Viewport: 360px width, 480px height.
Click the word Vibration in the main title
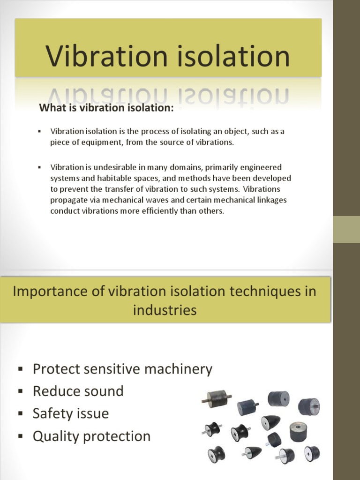[107, 56]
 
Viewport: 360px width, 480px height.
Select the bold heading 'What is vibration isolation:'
[106, 108]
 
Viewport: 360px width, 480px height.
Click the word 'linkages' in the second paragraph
[271, 200]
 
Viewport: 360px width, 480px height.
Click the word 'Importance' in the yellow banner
[51, 291]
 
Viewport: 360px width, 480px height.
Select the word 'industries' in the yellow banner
[165, 310]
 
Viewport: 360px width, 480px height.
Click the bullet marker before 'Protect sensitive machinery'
[20, 369]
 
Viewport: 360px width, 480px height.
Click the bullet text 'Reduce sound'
[78, 391]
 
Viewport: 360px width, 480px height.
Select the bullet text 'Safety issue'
[70, 413]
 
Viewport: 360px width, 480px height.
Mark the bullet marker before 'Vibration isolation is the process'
[40, 131]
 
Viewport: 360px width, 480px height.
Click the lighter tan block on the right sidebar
[346, 229]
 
